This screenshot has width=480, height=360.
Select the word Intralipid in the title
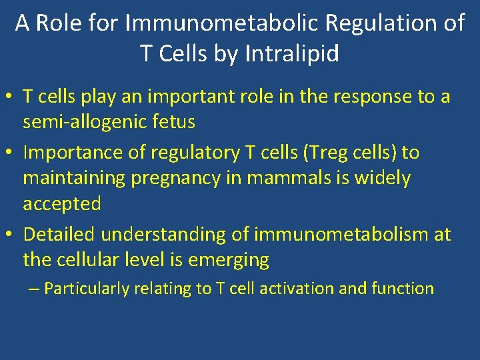coord(292,53)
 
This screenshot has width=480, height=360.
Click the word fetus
coord(173,122)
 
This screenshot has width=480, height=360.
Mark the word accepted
coord(62,204)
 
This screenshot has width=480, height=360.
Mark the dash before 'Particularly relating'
coord(34,289)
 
